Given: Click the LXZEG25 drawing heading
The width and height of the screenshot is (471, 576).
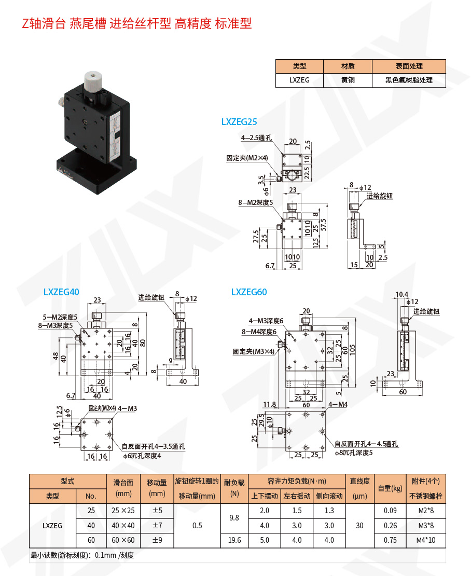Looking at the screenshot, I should [x=239, y=122].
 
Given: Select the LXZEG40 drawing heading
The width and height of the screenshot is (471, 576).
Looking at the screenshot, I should [x=61, y=292].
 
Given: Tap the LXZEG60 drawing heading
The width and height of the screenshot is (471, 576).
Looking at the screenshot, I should [x=249, y=292].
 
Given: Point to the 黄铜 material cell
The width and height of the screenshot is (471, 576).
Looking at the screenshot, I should [x=348, y=80].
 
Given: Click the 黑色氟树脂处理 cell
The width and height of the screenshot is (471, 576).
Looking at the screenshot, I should [x=409, y=80].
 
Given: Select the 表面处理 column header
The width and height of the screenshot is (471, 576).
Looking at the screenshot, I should [x=409, y=66].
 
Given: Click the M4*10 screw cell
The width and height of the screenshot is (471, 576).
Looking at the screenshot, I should [x=427, y=540].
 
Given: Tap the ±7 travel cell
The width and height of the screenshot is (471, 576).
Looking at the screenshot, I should [x=157, y=526].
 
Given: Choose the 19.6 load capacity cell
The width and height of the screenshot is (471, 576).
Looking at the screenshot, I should [x=234, y=540].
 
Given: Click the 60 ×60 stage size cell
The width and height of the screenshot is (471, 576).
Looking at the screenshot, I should [x=123, y=540].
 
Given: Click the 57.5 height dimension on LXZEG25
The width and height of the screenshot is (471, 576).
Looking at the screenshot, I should [x=323, y=227].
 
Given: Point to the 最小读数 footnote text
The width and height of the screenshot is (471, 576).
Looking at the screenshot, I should [x=82, y=555].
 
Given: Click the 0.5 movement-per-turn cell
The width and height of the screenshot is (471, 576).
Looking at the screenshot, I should [x=197, y=526].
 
